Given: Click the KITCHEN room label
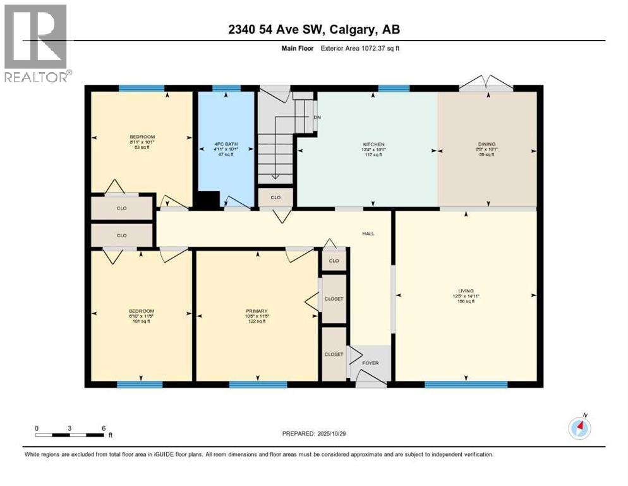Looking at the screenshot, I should (x=373, y=144).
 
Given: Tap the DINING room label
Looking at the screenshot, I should (x=486, y=144).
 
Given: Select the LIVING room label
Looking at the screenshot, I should (x=466, y=291).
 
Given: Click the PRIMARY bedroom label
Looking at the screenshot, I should (x=257, y=311).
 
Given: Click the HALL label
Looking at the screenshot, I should (x=368, y=234).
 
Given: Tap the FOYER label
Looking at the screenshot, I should (x=370, y=363).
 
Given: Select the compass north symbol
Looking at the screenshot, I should (x=579, y=428).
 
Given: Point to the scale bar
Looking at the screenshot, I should (x=69, y=435).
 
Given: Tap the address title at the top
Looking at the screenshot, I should (x=314, y=29).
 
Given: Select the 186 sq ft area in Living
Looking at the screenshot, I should (x=466, y=301).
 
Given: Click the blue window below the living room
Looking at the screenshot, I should (x=466, y=384).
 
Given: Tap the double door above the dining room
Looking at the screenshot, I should (x=486, y=84).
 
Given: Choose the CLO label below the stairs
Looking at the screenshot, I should (x=275, y=197).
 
